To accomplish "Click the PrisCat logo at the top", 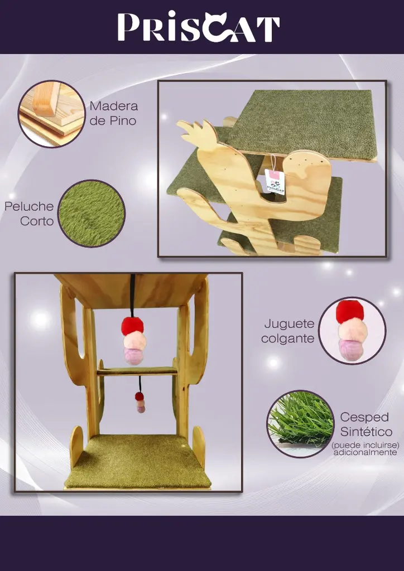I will tap(198, 27).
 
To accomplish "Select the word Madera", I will tap(113, 106).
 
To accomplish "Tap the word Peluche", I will tap(29, 206).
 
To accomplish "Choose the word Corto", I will tap(37, 221).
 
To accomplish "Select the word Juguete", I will tap(289, 324).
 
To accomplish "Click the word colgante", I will tap(287, 338).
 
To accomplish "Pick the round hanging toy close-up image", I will tap(352, 331).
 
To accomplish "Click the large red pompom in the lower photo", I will tap(133, 326).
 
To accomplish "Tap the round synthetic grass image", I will tap(301, 424).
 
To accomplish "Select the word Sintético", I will tap(366, 432).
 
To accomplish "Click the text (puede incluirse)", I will tap(365, 446).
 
